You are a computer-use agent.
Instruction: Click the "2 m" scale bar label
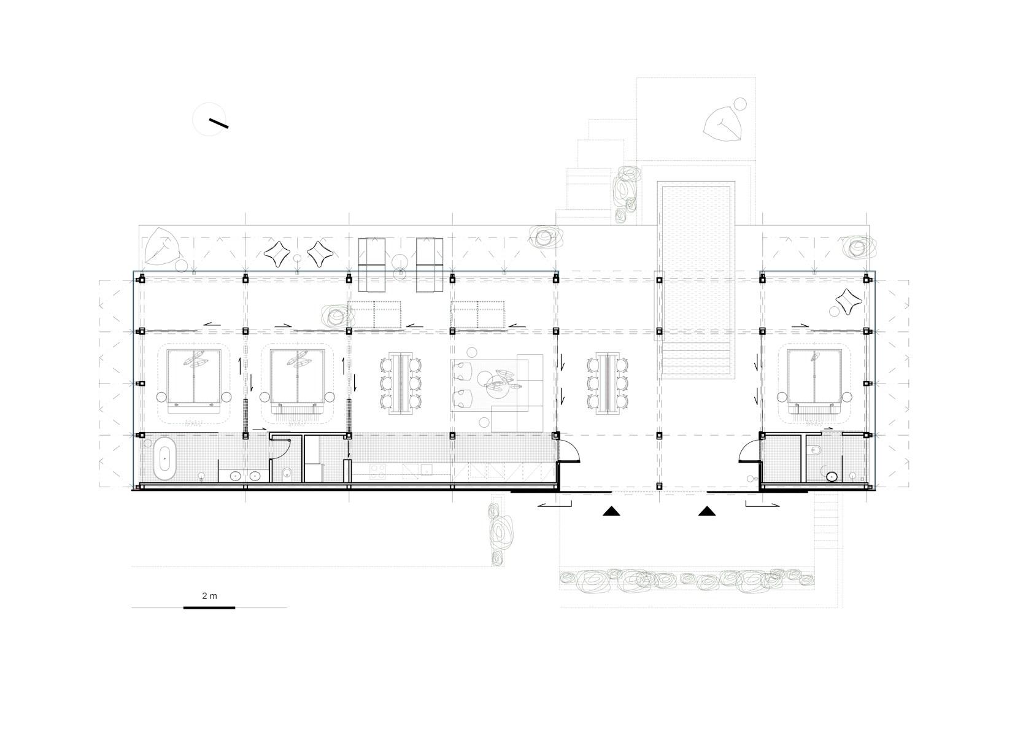[x=209, y=595]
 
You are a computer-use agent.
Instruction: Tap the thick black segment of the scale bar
[x=209, y=607]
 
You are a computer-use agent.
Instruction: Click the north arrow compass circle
[x=209, y=119]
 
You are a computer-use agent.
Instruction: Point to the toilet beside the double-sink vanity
[x=286, y=472]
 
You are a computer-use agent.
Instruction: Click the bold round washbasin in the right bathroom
[x=832, y=476]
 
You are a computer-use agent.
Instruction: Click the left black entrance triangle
[x=611, y=511]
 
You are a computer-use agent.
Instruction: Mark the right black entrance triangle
[x=707, y=511]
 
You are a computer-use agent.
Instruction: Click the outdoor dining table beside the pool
[x=608, y=384]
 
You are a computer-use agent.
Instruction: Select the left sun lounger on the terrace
[x=371, y=264]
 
